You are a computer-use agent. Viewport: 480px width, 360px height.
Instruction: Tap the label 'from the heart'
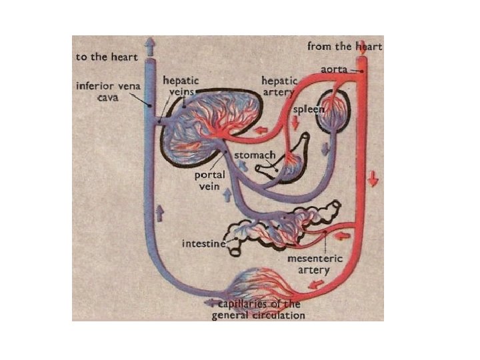[344, 47]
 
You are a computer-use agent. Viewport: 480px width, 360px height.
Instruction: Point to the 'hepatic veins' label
[180, 85]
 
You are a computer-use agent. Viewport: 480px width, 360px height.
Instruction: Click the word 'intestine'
[203, 244]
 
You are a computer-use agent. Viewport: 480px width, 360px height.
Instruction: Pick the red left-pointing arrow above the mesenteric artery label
[344, 235]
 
